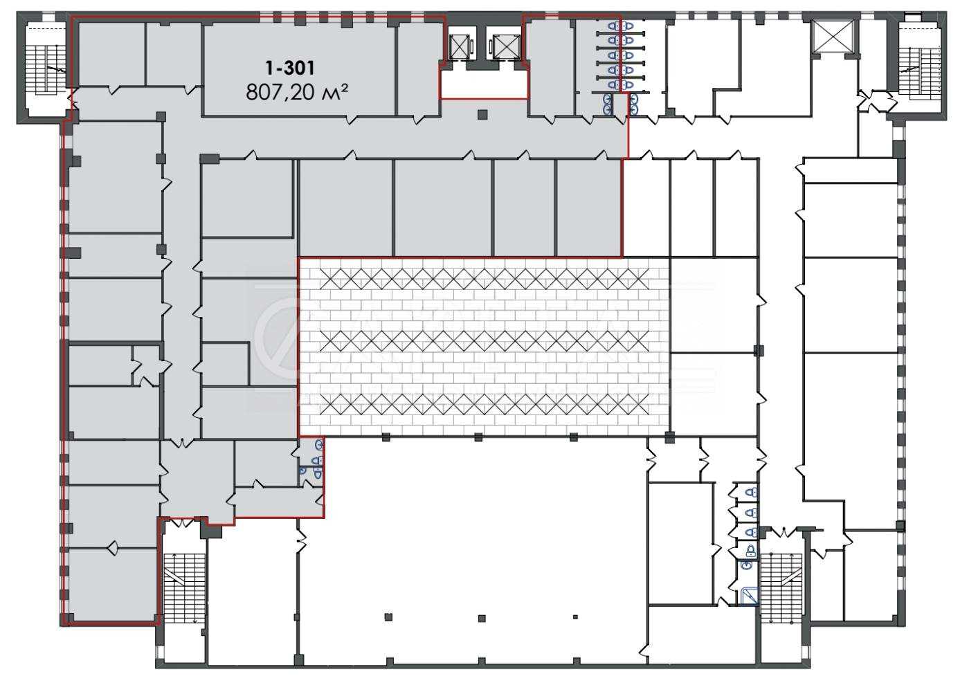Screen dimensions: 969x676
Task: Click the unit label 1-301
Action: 290,68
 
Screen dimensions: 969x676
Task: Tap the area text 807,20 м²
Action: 297,92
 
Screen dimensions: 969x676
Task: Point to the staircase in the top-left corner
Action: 46,69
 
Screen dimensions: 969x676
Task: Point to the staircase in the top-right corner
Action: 920,69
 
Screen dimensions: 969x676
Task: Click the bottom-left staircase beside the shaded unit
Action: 184,588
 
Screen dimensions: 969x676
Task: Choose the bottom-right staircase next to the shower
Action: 781,588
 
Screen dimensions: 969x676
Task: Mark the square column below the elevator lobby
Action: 482,115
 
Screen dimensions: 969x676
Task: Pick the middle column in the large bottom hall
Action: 482,619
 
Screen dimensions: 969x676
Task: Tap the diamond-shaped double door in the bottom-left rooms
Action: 114,548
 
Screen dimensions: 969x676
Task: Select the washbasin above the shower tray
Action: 748,564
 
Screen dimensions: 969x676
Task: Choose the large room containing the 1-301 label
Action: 299,68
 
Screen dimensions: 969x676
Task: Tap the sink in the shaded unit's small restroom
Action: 319,444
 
